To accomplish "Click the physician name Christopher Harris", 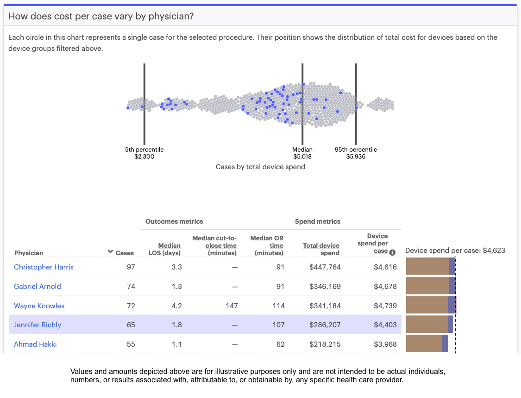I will coord(44,267).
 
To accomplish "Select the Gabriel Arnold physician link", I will coord(38,287).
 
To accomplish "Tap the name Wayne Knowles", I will coord(39,306).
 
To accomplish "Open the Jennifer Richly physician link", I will coord(38,325).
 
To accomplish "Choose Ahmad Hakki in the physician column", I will coord(35,344).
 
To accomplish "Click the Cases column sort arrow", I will coord(110,252).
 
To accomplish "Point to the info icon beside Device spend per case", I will coord(392,252).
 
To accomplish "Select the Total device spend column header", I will coord(321,249).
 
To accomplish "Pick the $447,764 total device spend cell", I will coord(325,267).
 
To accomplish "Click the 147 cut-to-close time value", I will coord(232,306).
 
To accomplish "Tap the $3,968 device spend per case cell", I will coord(385,344).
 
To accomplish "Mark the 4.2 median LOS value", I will coord(176,306).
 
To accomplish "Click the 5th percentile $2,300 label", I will coord(144,153).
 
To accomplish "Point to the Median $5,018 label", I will coord(302,153).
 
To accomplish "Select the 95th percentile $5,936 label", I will coord(356,153).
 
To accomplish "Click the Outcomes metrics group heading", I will coord(174,222).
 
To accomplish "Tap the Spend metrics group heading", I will coord(318,222).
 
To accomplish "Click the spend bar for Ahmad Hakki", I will coord(426,344).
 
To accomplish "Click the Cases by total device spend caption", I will coord(260,167).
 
